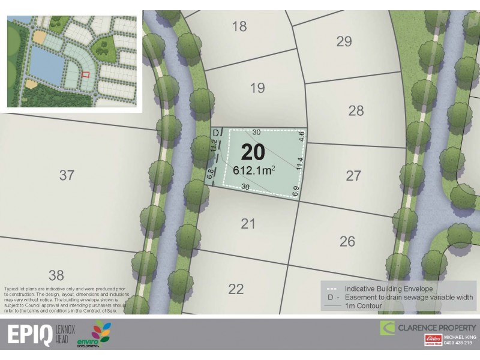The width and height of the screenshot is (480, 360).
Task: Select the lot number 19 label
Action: click(x=257, y=88)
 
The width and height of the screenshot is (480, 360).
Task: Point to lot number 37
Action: click(x=67, y=175)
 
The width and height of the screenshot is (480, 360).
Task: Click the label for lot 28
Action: click(x=356, y=110)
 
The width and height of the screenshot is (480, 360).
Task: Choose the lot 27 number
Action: click(x=354, y=176)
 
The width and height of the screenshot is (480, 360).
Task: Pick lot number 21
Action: click(x=248, y=224)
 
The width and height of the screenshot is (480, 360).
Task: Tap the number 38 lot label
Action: click(x=56, y=275)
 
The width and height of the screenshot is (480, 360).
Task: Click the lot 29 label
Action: click(x=344, y=41)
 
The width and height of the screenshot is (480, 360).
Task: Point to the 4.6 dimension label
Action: click(x=301, y=136)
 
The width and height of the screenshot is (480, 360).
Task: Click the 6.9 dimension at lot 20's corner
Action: click(x=295, y=192)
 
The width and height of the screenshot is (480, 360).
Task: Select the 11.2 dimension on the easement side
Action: click(x=213, y=144)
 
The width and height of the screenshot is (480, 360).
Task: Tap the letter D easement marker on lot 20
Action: click(x=216, y=133)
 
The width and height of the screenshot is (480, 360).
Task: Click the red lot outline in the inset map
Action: click(x=85, y=74)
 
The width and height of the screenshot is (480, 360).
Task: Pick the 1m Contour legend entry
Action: click(x=364, y=305)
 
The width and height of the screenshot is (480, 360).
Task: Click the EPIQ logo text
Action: click(x=29, y=335)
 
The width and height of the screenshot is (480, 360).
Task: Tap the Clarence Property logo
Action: click(x=428, y=328)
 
